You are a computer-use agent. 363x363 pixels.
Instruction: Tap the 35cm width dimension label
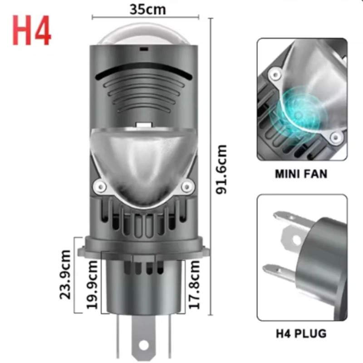pos(147,9)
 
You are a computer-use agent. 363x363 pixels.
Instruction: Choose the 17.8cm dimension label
pos(195,285)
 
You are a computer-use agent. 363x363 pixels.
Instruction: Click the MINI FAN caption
pos(301,174)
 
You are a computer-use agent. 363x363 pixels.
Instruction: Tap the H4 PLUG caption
pos(301,334)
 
